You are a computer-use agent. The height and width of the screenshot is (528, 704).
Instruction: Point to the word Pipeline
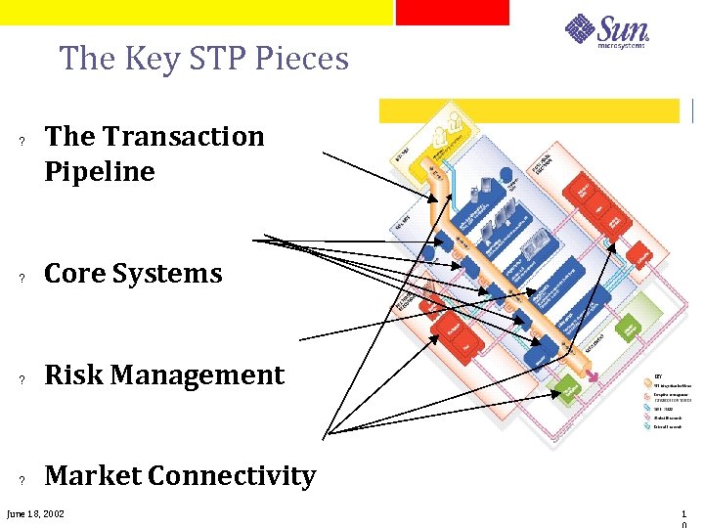[x=100, y=171]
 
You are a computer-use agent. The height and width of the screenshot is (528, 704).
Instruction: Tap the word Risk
[x=73, y=374]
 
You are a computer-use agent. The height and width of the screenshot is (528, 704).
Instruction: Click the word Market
[x=95, y=476]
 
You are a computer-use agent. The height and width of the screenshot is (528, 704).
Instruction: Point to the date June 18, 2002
[x=35, y=513]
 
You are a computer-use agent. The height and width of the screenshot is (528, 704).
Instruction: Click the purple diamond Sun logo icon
[x=581, y=28]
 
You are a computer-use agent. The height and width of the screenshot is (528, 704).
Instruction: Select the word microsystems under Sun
[x=622, y=44]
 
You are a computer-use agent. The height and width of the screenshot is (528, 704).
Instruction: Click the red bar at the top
[x=453, y=12]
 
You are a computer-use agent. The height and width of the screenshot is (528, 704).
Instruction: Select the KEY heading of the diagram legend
[x=657, y=374]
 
